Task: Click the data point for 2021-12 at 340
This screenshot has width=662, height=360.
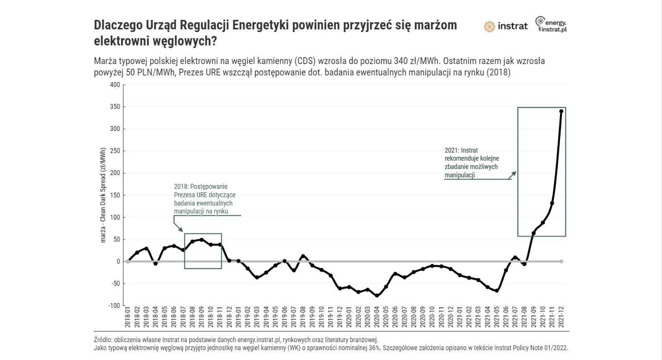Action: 561,111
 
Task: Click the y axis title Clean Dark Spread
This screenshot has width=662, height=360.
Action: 103,195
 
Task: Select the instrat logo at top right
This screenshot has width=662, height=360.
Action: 506,26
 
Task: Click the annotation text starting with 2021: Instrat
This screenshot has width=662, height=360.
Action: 471,163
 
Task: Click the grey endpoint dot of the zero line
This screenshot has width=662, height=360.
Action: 561,261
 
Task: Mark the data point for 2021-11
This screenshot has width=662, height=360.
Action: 552,203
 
